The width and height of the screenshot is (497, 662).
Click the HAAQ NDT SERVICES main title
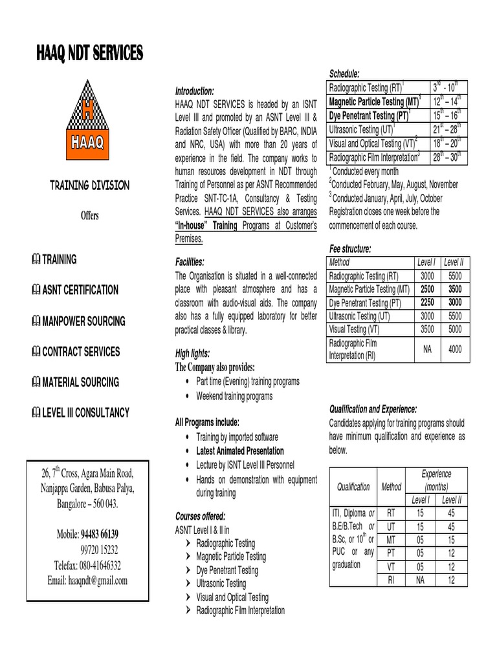(x=89, y=53)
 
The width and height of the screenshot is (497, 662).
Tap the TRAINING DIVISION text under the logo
(x=90, y=186)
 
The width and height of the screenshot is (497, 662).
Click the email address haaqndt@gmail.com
(x=87, y=581)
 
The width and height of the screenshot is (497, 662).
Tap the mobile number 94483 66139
(x=99, y=535)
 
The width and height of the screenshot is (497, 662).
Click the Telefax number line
(x=87, y=565)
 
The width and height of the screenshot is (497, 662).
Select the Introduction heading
(x=194, y=91)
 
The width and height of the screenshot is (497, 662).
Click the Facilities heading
(x=190, y=262)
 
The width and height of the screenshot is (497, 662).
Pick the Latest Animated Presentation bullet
(x=239, y=451)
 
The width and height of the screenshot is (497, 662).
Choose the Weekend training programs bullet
(x=234, y=396)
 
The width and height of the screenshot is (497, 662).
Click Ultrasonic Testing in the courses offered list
(x=221, y=583)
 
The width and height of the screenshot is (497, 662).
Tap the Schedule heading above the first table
(x=344, y=73)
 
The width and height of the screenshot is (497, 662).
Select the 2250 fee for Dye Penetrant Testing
(x=426, y=302)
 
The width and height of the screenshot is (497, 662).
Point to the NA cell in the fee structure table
(x=426, y=349)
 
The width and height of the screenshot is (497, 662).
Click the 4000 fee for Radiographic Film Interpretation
(x=456, y=349)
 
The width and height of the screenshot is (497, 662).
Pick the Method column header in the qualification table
(x=391, y=486)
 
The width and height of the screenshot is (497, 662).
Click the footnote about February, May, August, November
(x=394, y=184)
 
